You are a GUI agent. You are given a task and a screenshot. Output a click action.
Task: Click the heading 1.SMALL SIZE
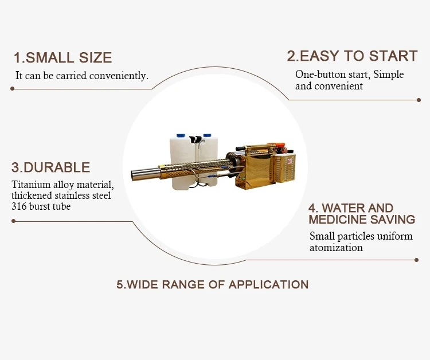tap(62, 57)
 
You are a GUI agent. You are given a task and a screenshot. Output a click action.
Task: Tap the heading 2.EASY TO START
tap(352, 56)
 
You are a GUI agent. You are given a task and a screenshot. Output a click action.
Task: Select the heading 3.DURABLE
tap(51, 167)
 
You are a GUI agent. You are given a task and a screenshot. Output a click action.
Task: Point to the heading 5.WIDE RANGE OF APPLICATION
tap(213, 284)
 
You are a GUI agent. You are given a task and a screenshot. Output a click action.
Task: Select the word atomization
tap(336, 248)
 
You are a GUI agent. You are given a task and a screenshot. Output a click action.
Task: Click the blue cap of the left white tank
tap(180, 136)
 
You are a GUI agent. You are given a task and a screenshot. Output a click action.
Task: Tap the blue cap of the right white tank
tap(207, 136)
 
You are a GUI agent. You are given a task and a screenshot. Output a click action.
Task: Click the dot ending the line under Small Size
tap(12, 89)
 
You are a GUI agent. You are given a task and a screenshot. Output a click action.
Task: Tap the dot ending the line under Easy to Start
tap(419, 100)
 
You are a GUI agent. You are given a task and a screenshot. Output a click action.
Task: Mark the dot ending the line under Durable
tap(13, 221)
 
